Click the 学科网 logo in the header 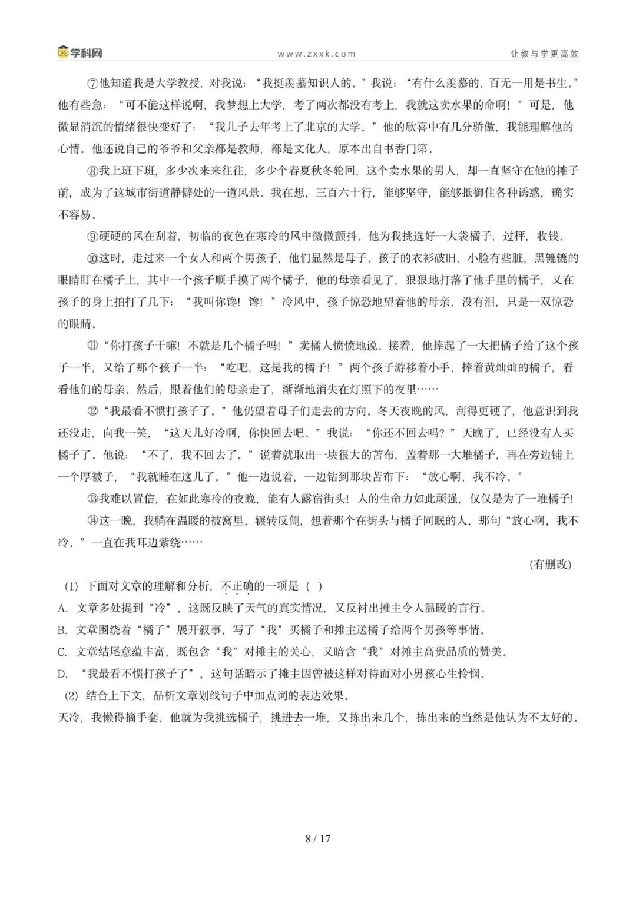(x=80, y=52)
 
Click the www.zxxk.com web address (x=316, y=54)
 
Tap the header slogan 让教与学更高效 (x=544, y=54)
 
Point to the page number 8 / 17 (x=318, y=838)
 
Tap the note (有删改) (x=551, y=564)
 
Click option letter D (x=62, y=674)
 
